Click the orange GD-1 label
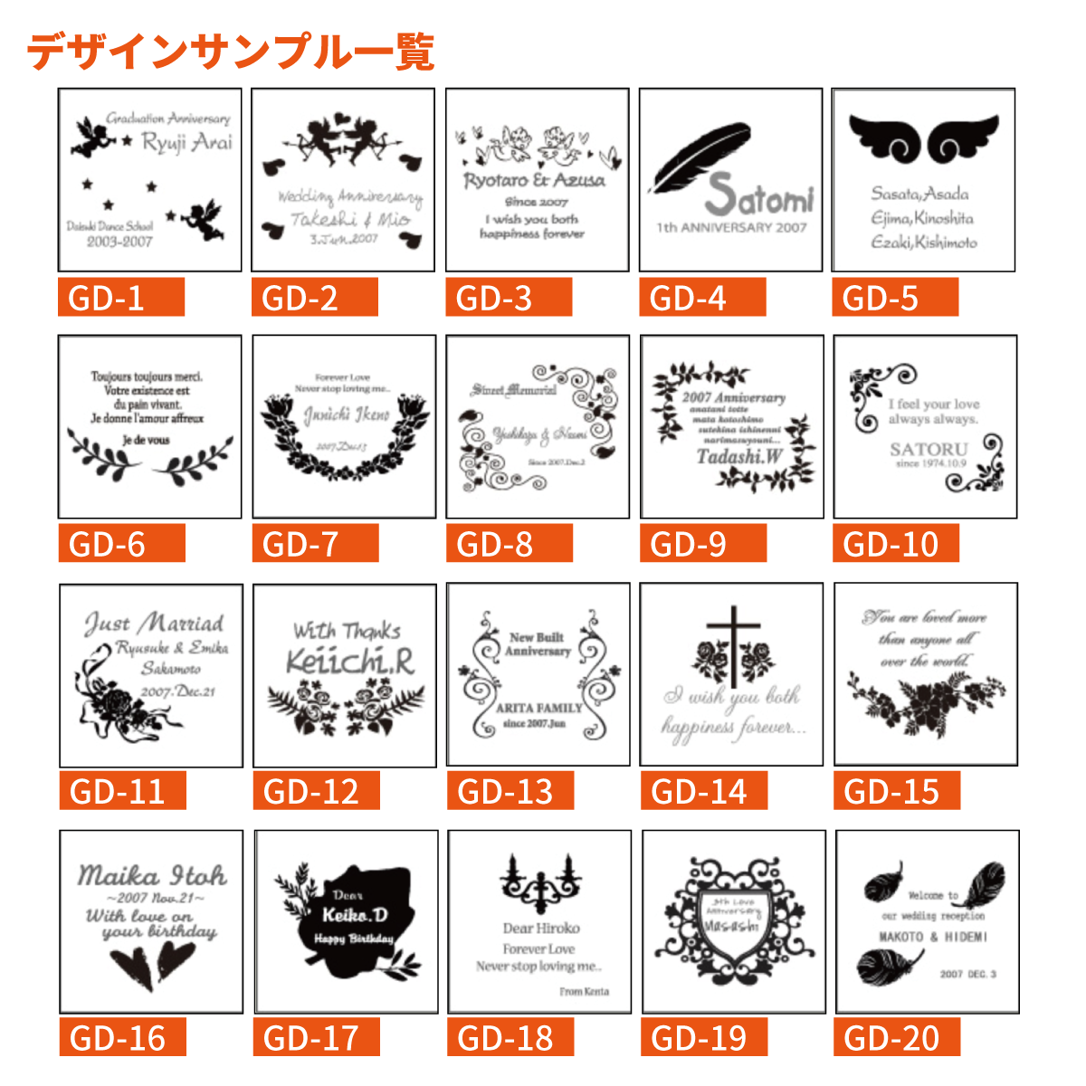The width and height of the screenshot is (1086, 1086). click(x=121, y=298)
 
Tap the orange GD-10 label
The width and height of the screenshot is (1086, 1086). click(x=895, y=545)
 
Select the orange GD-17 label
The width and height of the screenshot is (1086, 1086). click(x=315, y=1038)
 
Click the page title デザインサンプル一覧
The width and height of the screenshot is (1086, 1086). click(x=231, y=52)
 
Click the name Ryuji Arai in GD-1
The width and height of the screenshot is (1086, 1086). click(x=187, y=142)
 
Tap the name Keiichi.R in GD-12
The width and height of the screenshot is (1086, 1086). click(x=350, y=662)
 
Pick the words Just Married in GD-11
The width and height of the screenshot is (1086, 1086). click(x=155, y=624)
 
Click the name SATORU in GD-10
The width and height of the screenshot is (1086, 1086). click(x=929, y=449)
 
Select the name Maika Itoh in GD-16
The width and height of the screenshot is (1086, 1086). click(x=152, y=875)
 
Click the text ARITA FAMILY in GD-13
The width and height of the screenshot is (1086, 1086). click(x=539, y=708)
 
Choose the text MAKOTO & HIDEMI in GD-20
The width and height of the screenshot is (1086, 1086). click(x=933, y=937)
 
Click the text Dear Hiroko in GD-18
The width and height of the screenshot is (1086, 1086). click(x=541, y=928)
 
